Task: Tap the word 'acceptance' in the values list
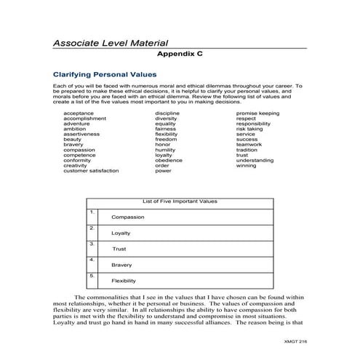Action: (78, 113)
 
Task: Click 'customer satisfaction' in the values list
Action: (91, 170)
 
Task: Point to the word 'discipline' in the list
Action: (167, 113)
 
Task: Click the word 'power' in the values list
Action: (163, 170)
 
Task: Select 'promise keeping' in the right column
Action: (257, 113)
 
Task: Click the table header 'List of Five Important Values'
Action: (180, 201)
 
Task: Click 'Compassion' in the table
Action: (127, 217)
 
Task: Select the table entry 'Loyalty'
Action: (120, 233)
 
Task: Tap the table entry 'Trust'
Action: (119, 249)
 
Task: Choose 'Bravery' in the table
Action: (121, 265)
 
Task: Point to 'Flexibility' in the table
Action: (124, 281)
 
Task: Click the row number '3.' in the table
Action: (92, 244)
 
